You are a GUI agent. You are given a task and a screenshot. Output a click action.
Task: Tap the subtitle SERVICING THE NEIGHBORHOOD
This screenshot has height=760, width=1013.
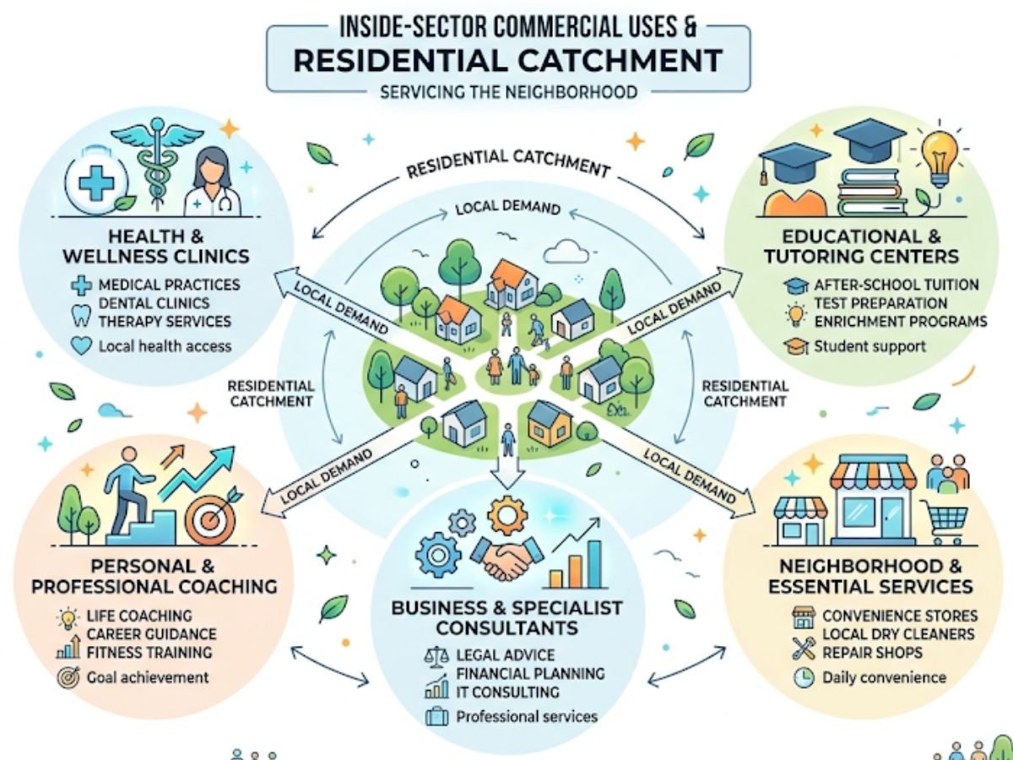pyautogui.click(x=508, y=91)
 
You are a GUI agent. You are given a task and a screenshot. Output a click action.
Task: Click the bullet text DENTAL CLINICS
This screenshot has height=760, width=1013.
pyautogui.click(x=154, y=303)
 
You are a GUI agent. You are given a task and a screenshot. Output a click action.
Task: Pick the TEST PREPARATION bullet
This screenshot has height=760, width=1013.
pyautogui.click(x=880, y=303)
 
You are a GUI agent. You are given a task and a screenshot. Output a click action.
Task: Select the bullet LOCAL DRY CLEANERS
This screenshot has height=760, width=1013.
pyautogui.click(x=898, y=634)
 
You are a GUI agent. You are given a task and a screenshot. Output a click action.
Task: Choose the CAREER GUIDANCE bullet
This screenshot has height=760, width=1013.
pyautogui.click(x=151, y=634)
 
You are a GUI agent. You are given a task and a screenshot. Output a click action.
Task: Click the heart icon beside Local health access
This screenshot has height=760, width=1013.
pyautogui.click(x=83, y=346)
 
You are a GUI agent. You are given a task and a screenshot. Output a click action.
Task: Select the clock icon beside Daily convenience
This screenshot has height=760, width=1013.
pyautogui.click(x=803, y=677)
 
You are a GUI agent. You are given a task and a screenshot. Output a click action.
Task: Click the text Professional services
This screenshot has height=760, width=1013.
pyautogui.click(x=526, y=717)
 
